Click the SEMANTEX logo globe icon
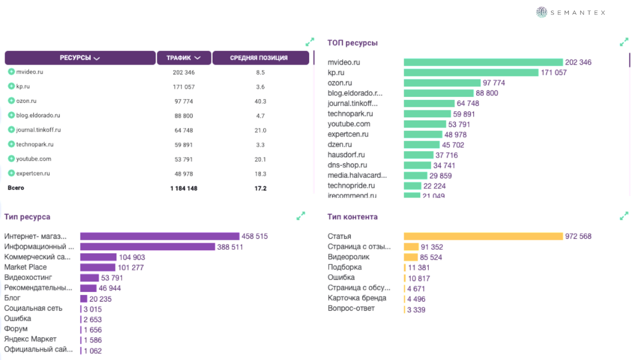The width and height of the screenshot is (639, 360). pos(542,12)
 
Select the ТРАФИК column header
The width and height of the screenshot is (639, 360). pos(184,58)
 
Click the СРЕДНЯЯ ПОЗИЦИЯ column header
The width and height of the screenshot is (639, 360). pos(259,58)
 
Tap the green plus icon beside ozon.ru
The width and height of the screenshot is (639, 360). pos(11,101)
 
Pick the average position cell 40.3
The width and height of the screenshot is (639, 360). pos(260,101)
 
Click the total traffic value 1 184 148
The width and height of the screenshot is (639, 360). pos(184,188)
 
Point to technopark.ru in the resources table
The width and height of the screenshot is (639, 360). pos(35,145)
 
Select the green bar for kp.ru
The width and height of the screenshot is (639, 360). pos(471,73)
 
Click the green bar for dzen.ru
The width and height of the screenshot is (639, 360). pos(421,145)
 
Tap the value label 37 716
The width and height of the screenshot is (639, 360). pos(446,155)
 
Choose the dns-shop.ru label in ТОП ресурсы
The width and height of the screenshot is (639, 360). pos(347,165)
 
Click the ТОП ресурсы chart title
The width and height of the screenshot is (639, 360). pos(352,43)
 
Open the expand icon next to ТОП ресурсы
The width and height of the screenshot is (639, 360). pos(624,42)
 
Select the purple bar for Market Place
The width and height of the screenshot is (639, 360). pos(97,267)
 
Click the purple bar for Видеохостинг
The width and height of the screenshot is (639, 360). pos(89,278)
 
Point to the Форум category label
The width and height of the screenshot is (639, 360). pos(16,329)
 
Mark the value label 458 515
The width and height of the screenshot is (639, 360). pos(254,236)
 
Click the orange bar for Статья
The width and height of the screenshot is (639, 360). pos(483,236)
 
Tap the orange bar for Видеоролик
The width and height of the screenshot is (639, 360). pos(410,257)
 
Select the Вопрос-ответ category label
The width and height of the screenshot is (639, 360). pos(351,308)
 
